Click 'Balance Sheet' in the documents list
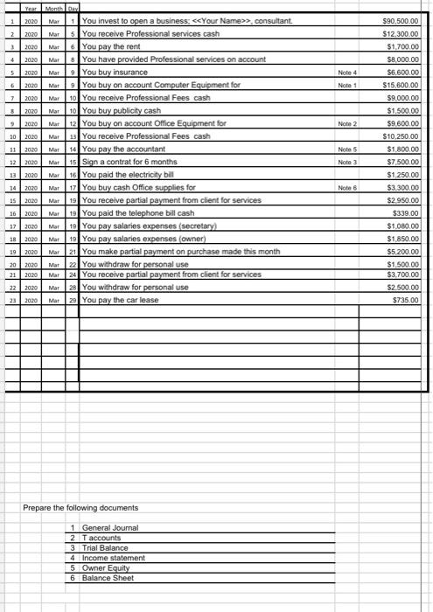pos(109,579)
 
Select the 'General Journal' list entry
pos(109,527)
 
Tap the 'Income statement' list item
pos(113,558)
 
